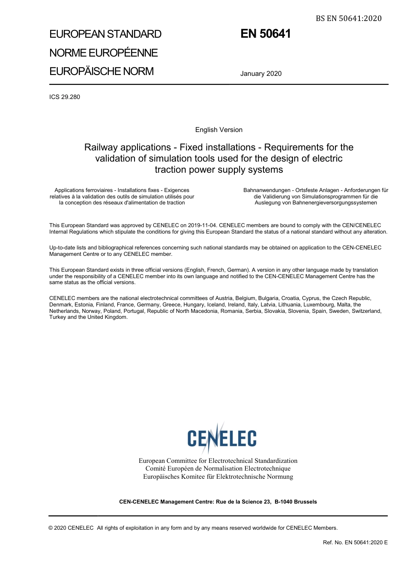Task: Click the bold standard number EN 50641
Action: (x=266, y=34)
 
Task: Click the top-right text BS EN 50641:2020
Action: (x=348, y=18)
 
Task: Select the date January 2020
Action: (x=261, y=74)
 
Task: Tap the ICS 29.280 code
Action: (x=65, y=97)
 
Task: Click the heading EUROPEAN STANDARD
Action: (x=105, y=34)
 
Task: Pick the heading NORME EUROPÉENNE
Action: (x=104, y=53)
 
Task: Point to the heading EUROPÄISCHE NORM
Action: (x=102, y=71)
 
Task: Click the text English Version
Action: (x=219, y=130)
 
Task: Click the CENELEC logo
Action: (x=221, y=438)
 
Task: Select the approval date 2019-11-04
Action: (x=202, y=225)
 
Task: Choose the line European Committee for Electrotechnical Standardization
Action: (x=218, y=461)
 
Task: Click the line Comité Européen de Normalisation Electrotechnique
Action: (x=218, y=468)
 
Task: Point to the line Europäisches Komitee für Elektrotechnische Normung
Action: (x=218, y=477)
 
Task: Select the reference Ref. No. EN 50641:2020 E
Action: (x=355, y=543)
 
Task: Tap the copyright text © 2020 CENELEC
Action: (x=71, y=528)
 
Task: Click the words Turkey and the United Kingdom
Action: (x=88, y=317)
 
